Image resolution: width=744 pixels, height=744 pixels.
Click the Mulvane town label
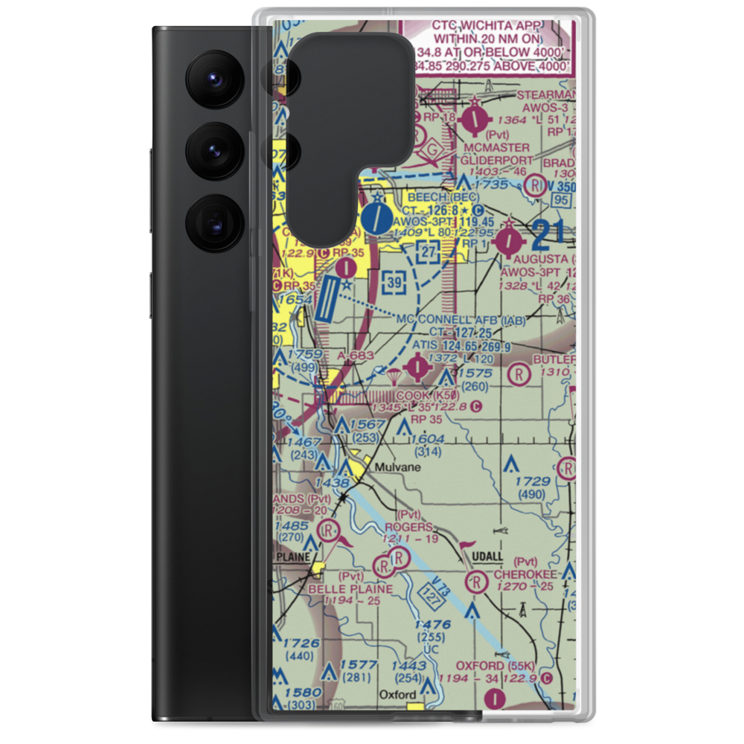tap(398, 467)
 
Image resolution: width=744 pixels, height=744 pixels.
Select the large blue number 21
tap(548, 237)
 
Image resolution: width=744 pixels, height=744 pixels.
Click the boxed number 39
tap(396, 282)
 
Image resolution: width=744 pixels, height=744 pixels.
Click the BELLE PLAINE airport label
tap(361, 589)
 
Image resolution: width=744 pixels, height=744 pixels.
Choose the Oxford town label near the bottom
tap(397, 694)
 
